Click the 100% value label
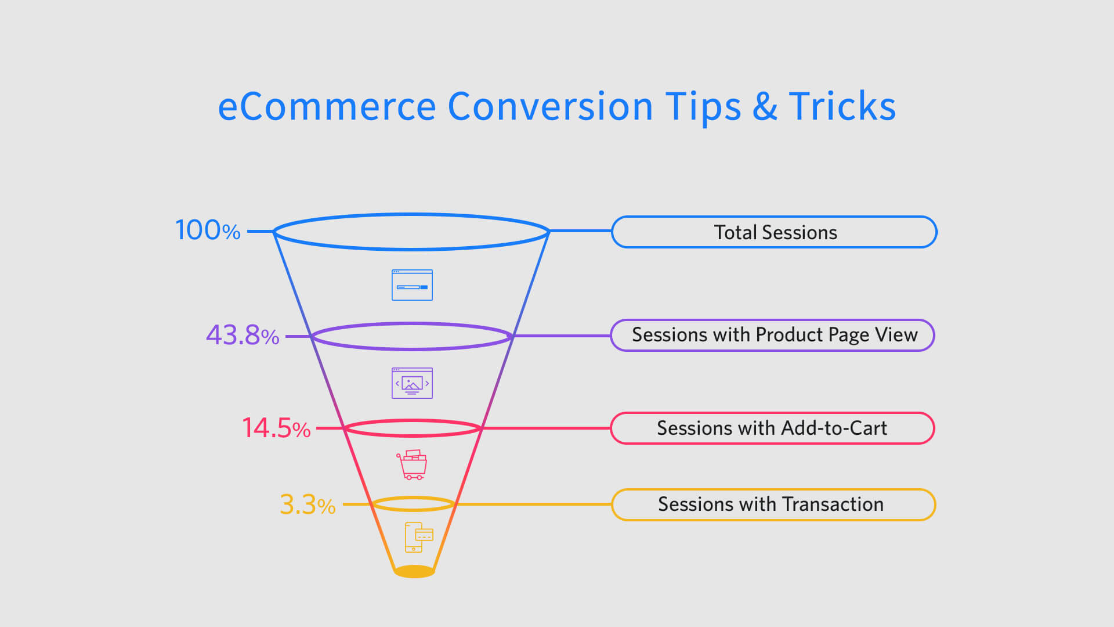point(208,230)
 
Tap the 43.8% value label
point(243,335)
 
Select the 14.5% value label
point(276,428)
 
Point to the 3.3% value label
point(308,504)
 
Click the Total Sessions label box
point(774,232)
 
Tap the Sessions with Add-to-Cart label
point(773,428)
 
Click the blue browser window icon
point(412,285)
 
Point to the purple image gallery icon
point(412,383)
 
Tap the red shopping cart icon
point(412,464)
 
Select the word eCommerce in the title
point(327,106)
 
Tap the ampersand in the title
point(765,106)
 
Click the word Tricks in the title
point(842,106)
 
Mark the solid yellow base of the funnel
point(414,571)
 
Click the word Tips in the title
point(703,107)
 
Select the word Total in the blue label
point(735,232)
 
